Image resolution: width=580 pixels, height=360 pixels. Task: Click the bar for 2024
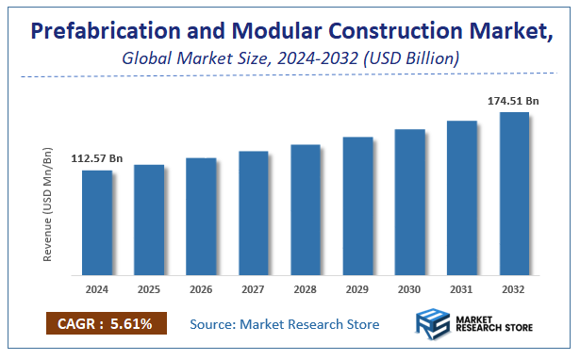point(97,222)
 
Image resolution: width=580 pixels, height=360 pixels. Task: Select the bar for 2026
point(201,217)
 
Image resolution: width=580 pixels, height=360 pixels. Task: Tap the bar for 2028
point(306,210)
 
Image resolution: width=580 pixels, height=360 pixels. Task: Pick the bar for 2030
point(409,203)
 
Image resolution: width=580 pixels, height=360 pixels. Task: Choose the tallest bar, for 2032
point(514,194)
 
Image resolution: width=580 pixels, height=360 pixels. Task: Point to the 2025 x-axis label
point(149,289)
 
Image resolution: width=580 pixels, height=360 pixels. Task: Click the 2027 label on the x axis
point(254,289)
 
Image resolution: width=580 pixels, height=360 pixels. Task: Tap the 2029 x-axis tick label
point(357,289)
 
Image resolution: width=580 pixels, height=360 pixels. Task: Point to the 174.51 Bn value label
point(512,100)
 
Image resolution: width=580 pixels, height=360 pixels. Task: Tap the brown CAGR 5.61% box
point(106,324)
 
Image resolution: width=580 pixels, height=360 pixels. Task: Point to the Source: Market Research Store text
point(284,324)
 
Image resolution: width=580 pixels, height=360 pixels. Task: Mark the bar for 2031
point(462,198)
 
